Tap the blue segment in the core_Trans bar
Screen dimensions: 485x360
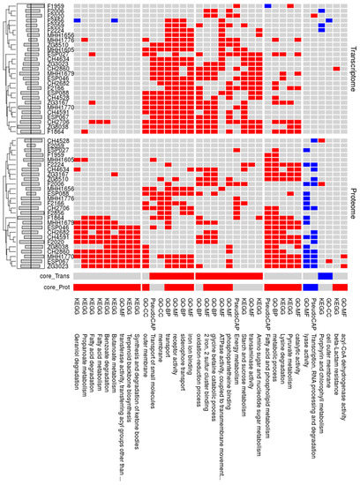click(325, 276)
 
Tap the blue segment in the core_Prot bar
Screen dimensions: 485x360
click(311, 287)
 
